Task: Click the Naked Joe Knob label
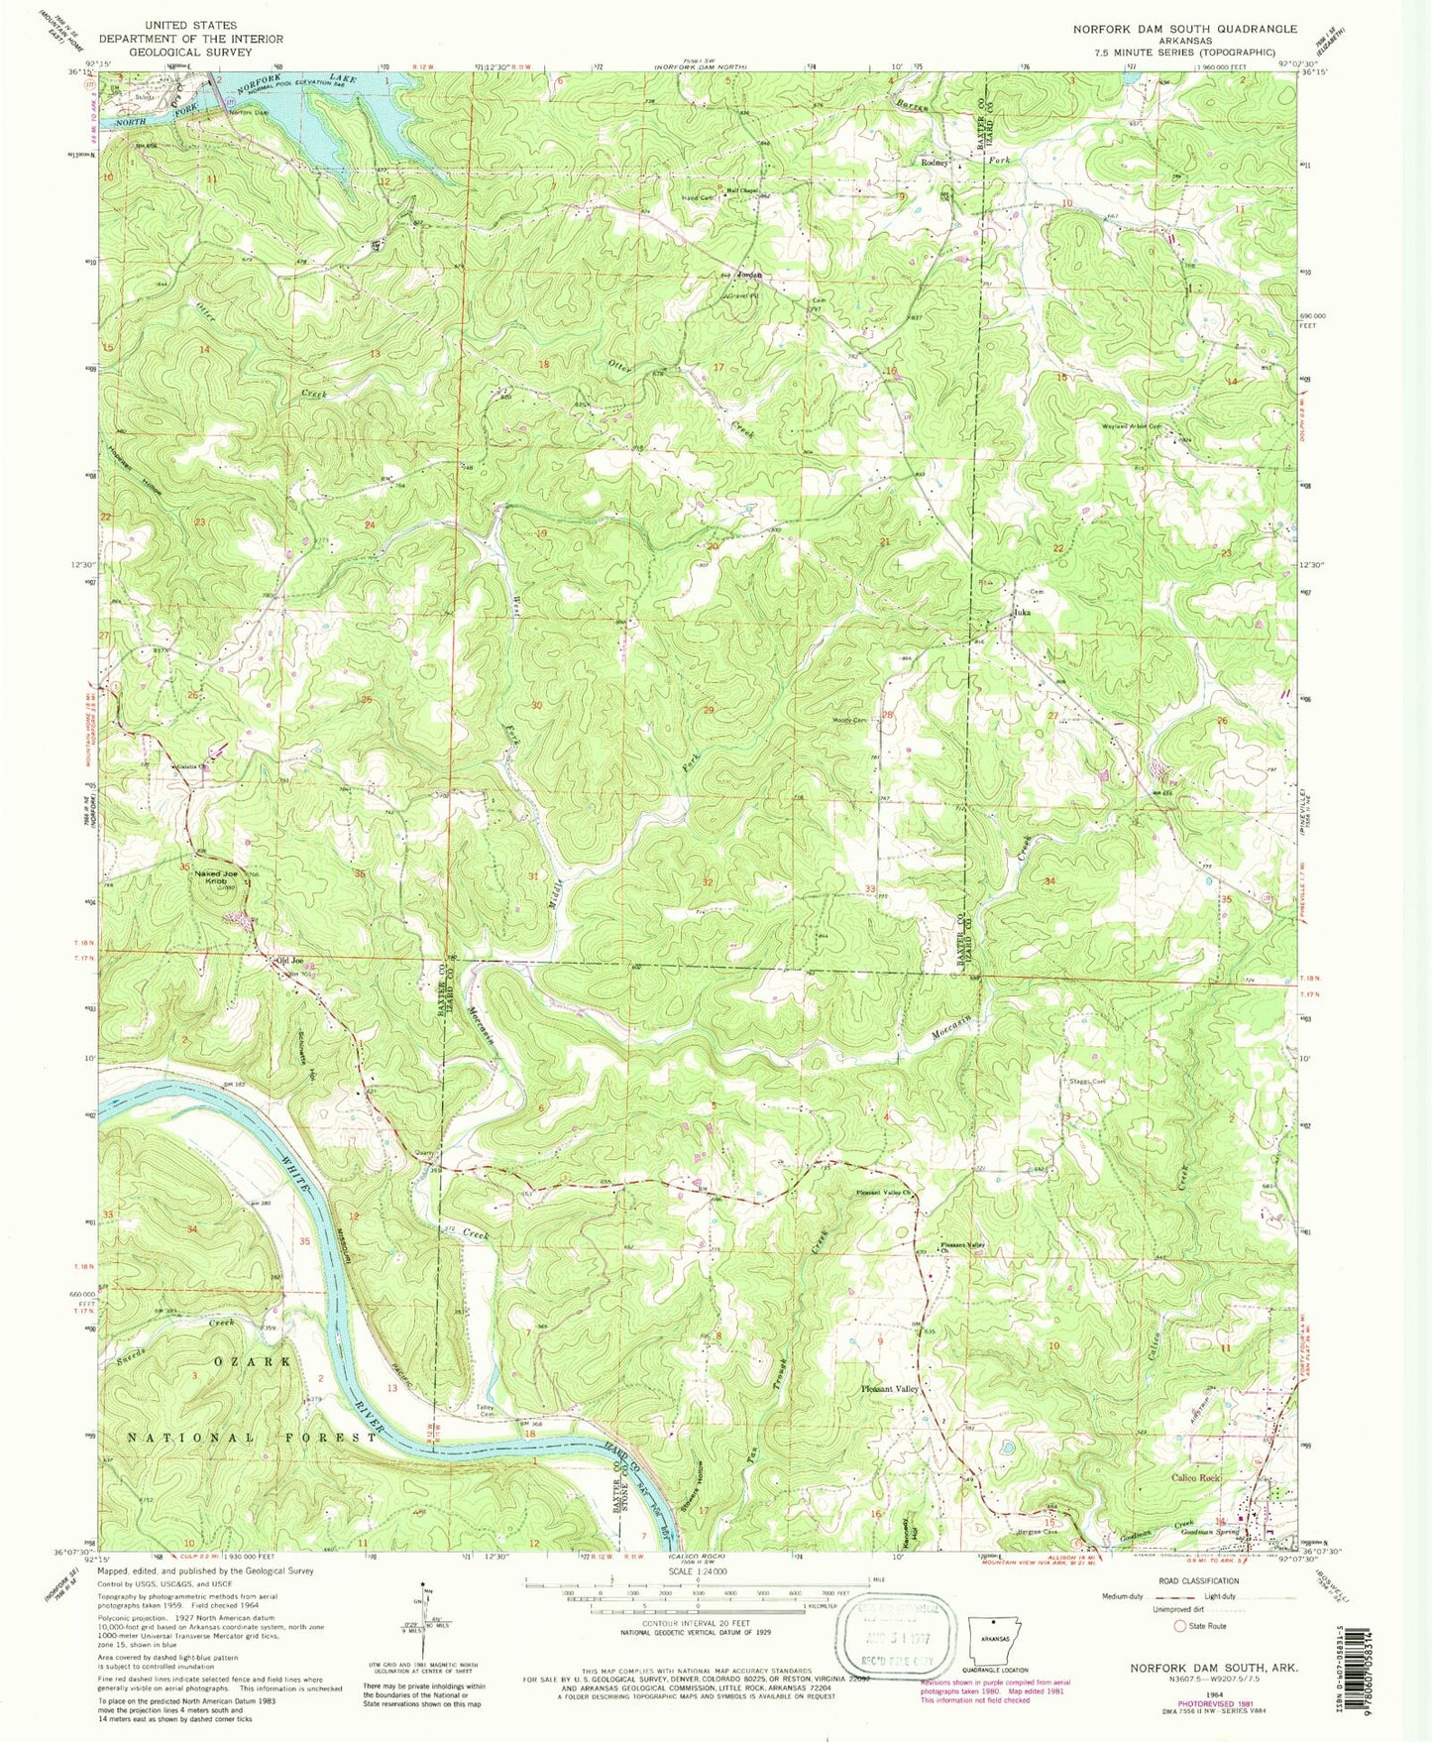point(216,877)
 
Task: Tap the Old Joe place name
point(288,960)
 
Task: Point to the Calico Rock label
point(1195,1477)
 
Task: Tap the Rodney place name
point(935,162)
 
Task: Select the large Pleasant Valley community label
point(890,1389)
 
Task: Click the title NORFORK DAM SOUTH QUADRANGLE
point(1184,29)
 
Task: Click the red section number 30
point(536,706)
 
